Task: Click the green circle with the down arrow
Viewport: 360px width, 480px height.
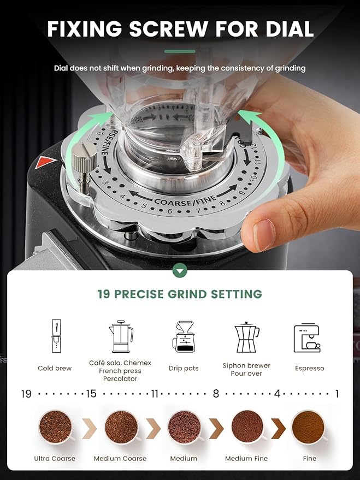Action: pyautogui.click(x=180, y=270)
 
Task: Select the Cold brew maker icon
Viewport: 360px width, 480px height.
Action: pyautogui.click(x=55, y=336)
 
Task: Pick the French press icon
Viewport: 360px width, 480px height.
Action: pyautogui.click(x=120, y=337)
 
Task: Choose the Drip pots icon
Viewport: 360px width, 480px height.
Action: pyautogui.click(x=184, y=337)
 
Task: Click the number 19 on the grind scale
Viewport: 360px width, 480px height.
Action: pyautogui.click(x=26, y=394)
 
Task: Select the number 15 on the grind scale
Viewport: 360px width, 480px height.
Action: pyautogui.click(x=91, y=394)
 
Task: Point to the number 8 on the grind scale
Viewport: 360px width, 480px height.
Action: pyautogui.click(x=216, y=394)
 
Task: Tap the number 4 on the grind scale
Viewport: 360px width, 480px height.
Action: pyautogui.click(x=277, y=394)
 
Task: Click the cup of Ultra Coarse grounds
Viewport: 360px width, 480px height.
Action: pyautogui.click(x=55, y=426)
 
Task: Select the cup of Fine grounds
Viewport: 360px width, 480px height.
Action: pyautogui.click(x=309, y=426)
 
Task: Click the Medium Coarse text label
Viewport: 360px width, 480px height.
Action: pyautogui.click(x=120, y=459)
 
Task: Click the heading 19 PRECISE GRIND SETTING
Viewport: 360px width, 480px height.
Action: pyautogui.click(x=180, y=294)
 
